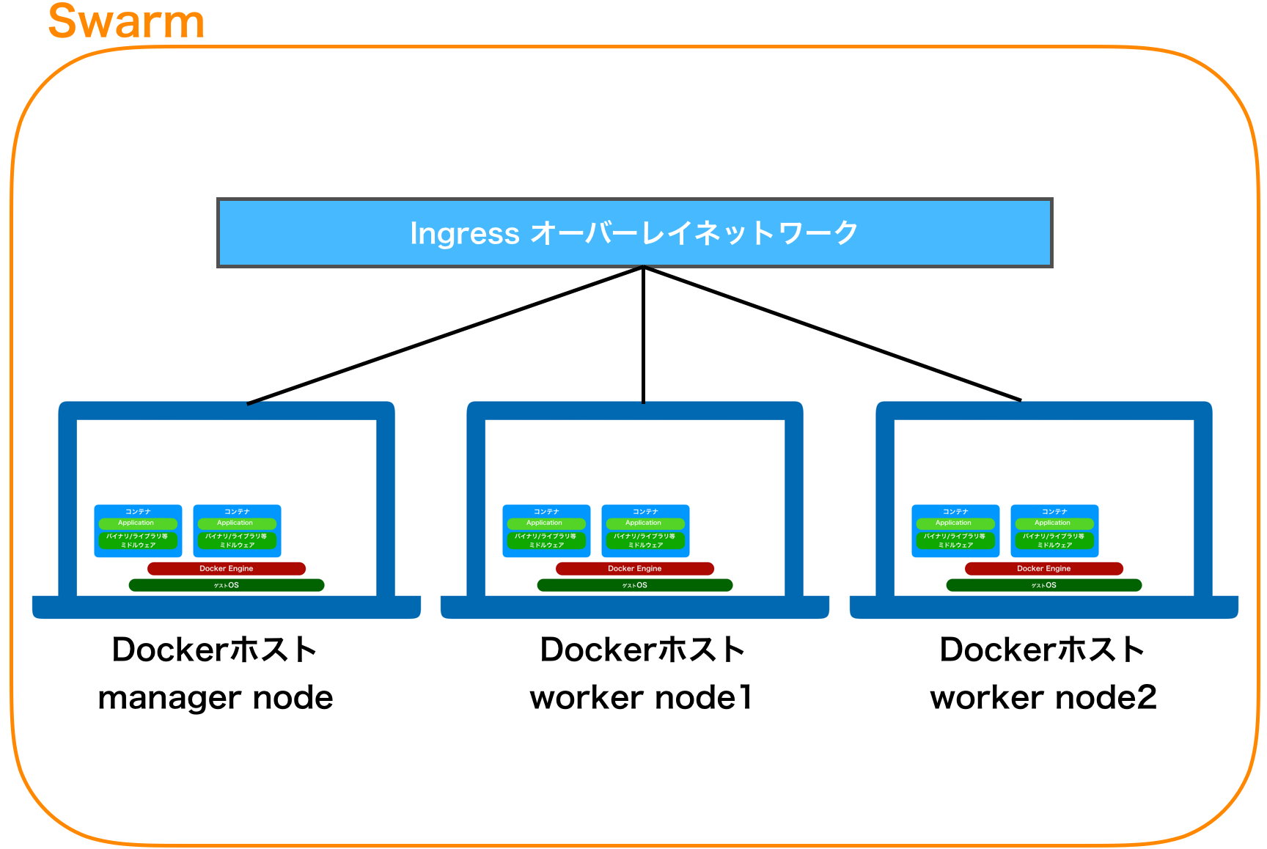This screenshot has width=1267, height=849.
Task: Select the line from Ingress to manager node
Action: [x=445, y=335]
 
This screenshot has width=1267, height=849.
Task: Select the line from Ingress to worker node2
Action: [x=832, y=334]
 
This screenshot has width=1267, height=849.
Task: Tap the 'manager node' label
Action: [x=215, y=697]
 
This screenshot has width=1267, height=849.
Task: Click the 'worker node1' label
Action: [x=641, y=697]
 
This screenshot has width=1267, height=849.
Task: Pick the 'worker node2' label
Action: [x=1043, y=697]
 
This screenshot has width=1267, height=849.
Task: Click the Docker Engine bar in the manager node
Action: [x=226, y=568]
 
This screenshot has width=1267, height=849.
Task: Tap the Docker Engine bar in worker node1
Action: [x=634, y=568]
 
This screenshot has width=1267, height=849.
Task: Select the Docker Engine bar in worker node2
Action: [x=1043, y=568]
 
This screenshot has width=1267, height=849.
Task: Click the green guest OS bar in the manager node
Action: [x=226, y=585]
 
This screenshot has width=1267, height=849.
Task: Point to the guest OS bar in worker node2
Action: [x=1043, y=585]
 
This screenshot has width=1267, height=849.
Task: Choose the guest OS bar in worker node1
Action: [x=634, y=585]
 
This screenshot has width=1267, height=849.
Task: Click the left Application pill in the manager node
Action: [x=137, y=523]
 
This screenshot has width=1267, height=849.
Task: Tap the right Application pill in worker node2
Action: [x=1053, y=523]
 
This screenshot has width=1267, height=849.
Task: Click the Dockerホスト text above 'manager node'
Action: [x=214, y=650]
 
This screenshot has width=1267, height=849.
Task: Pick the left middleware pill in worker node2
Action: [x=955, y=540]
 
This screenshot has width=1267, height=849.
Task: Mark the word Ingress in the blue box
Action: [x=464, y=234]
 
